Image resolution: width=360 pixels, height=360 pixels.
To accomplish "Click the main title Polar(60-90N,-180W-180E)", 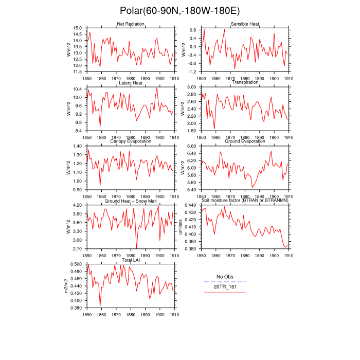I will tap(179, 11).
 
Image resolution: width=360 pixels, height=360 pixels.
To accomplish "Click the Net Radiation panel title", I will tap(130, 24).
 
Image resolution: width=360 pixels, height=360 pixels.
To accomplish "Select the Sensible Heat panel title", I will tap(245, 24).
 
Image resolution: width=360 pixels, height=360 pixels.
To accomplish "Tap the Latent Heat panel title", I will tap(130, 83).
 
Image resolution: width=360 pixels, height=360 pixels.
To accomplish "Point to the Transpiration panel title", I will tap(245, 83).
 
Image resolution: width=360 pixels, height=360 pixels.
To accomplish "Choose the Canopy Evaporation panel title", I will tap(130, 141).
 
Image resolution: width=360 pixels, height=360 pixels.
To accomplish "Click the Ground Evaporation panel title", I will tap(245, 141).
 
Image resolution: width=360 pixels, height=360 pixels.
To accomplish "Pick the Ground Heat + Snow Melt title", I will tap(130, 201).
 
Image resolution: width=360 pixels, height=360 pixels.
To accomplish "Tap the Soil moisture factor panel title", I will tap(245, 201).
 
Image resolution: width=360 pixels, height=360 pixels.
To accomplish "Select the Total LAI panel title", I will tap(130, 260).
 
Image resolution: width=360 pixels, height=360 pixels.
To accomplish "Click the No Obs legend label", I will tap(225, 277).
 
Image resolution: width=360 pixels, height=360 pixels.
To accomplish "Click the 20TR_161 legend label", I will tap(225, 286).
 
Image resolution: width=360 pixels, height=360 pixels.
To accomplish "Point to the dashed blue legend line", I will tap(225, 282).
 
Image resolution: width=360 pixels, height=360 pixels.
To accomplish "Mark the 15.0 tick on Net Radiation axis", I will tap(77, 28).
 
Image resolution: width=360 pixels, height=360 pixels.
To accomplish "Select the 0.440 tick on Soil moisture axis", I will tap(191, 205).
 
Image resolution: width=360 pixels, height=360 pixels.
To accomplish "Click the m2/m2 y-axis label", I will tap(65, 285).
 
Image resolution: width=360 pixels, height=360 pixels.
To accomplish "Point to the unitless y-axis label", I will tap(180, 227).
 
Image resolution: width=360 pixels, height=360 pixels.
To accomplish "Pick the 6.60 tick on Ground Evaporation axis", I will tap(191, 146).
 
